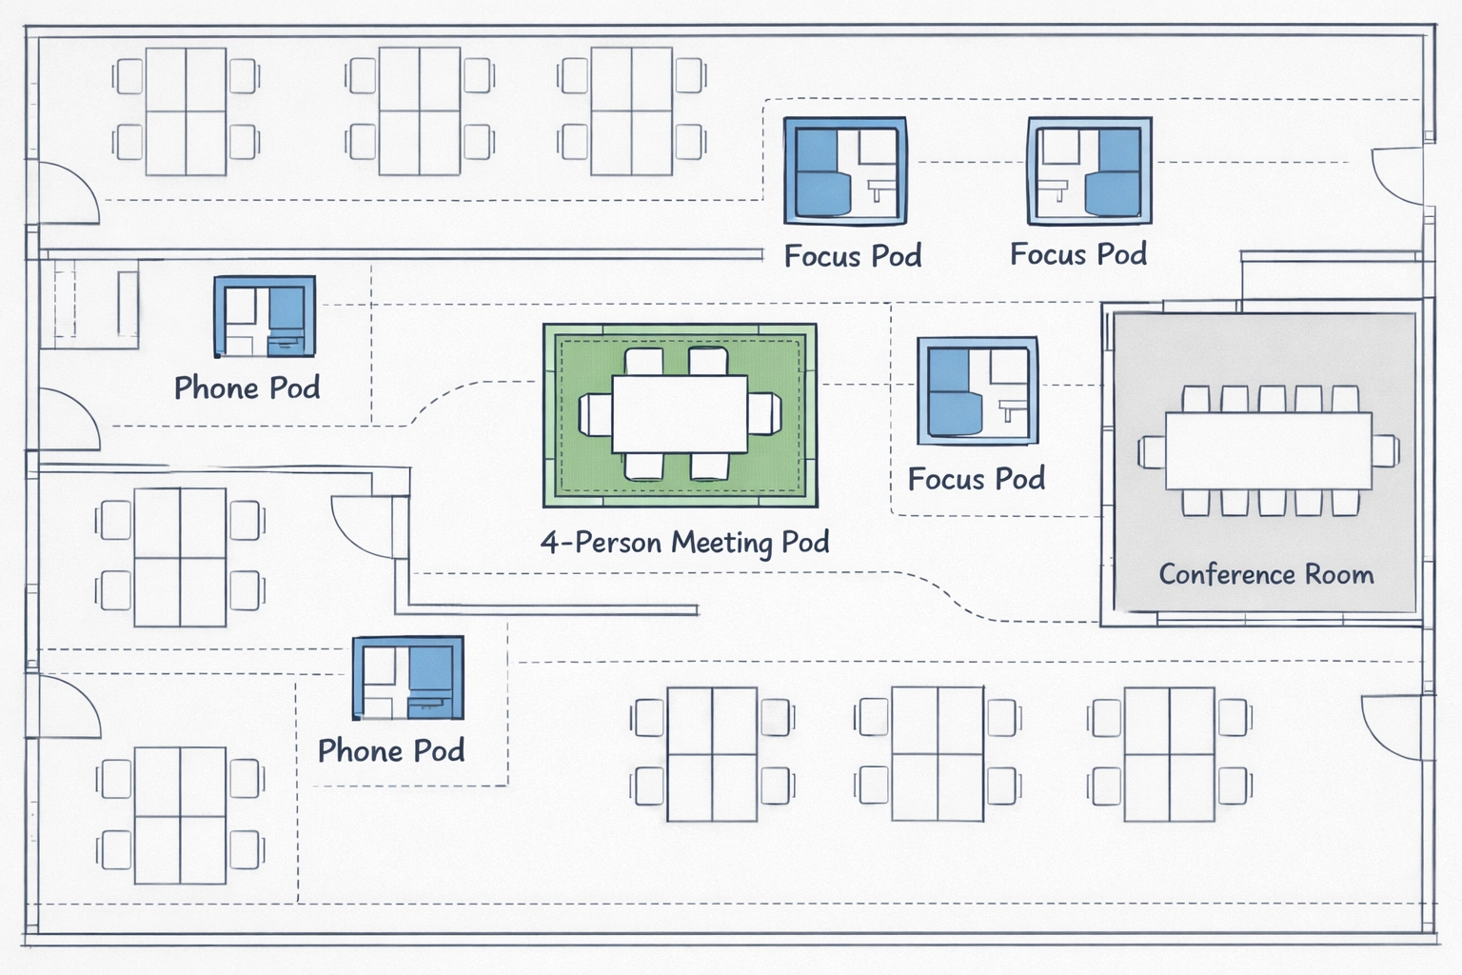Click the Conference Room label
1266,574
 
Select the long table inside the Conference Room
1268,450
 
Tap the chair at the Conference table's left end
1152,451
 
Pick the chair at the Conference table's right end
1386,451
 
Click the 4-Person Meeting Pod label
684,543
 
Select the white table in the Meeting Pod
680,414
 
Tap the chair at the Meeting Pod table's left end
596,414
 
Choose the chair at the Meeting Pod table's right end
764,414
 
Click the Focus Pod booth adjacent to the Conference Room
978,390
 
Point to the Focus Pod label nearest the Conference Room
977,478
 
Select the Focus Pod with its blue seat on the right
1090,171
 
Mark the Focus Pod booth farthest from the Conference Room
845,171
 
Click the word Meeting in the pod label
721,543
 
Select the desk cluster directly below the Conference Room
1169,754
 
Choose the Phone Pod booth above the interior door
265,317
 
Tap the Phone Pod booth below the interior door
407,678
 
